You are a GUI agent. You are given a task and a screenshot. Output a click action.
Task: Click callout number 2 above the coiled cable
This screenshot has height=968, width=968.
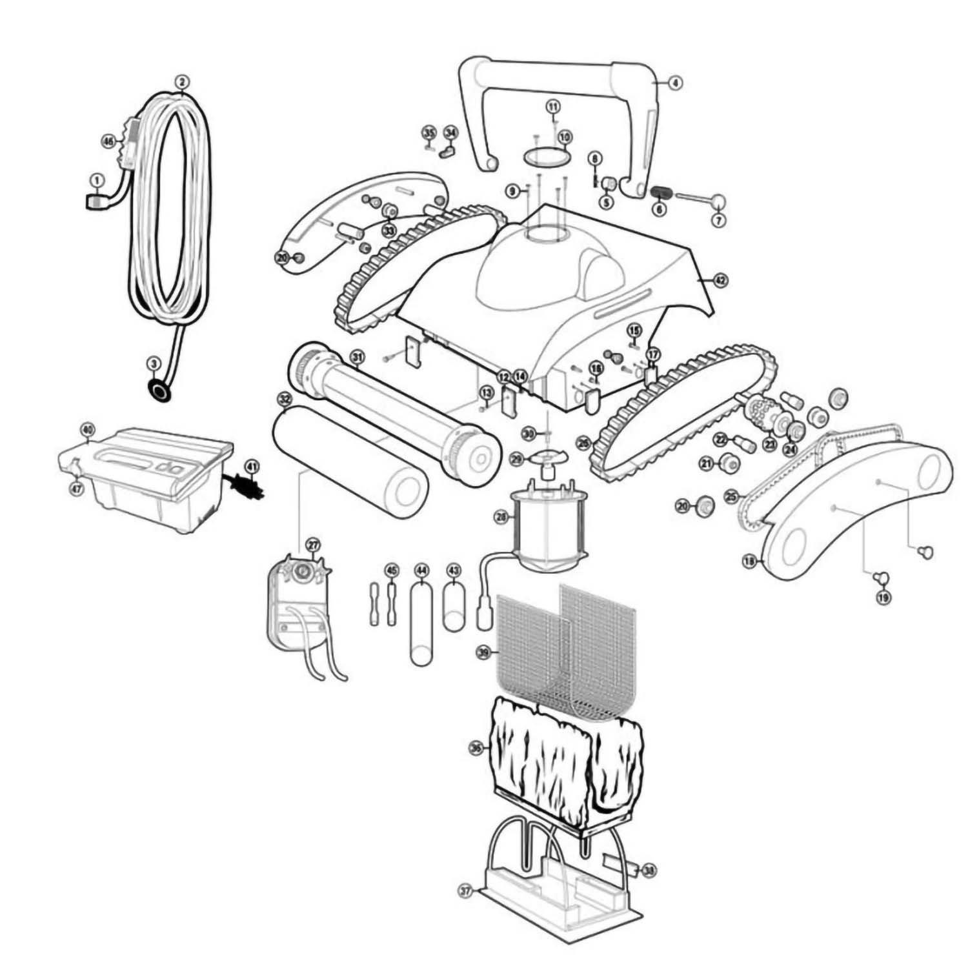183,81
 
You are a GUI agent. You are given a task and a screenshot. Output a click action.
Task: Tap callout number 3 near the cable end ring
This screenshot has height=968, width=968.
153,364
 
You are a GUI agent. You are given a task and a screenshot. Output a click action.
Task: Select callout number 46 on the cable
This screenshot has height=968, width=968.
108,140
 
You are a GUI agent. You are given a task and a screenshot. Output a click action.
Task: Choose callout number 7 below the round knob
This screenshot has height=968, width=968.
719,220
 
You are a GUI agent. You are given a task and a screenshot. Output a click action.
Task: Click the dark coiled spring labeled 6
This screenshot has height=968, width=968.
661,192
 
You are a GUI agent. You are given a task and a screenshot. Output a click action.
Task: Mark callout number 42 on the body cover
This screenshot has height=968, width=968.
720,280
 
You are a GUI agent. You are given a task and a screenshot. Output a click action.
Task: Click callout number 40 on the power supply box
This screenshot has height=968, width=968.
87,429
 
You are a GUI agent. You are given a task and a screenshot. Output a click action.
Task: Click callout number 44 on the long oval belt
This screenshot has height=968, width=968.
421,570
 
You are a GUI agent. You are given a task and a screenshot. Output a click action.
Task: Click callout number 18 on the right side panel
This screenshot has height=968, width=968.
749,562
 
